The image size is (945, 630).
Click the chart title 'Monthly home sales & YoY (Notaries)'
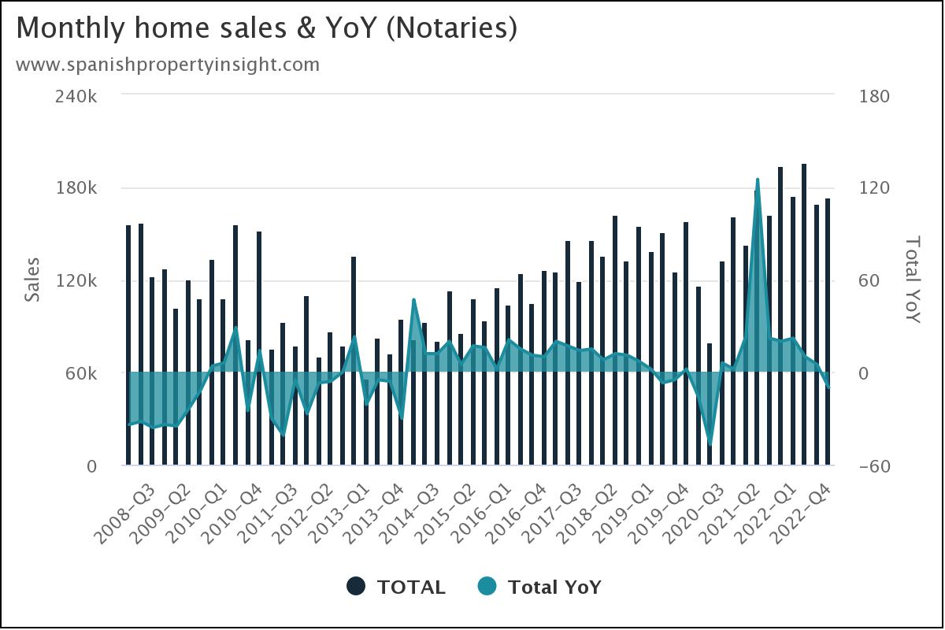click(266, 28)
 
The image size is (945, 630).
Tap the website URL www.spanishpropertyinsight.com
click(168, 65)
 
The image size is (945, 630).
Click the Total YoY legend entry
click(539, 587)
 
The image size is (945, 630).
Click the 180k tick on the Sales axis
click(80, 188)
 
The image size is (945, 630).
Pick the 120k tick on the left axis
click(80, 281)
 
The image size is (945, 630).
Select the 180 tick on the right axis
click(873, 96)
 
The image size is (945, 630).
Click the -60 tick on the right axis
click(873, 466)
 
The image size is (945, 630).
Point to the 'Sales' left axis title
click(32, 280)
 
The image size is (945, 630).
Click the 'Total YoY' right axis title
click(912, 280)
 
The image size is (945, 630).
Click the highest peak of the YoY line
click(758, 180)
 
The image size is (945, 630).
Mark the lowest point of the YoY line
click(710, 444)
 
